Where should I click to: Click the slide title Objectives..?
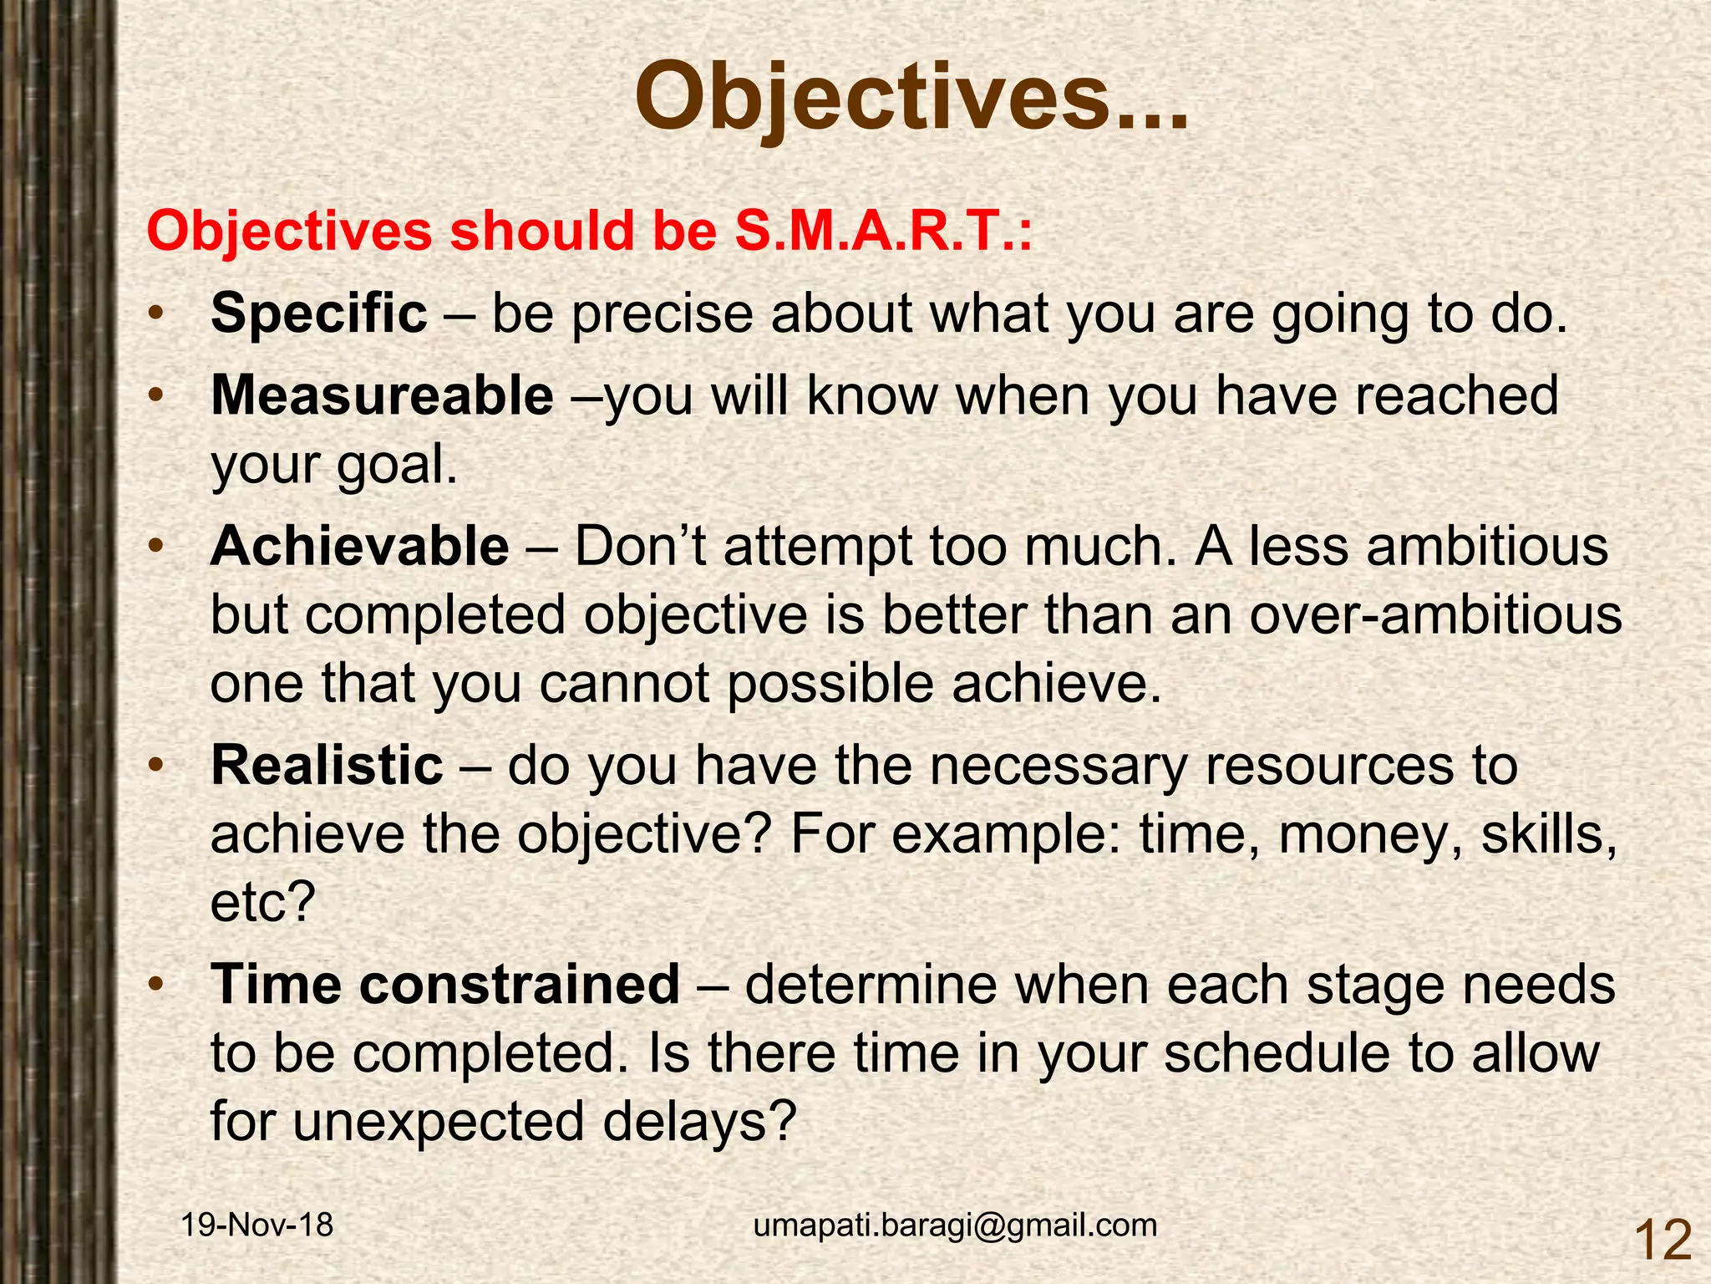click(x=911, y=99)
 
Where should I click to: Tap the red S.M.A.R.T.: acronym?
click(x=883, y=231)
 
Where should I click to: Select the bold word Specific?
click(x=318, y=313)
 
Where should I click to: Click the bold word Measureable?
click(x=382, y=395)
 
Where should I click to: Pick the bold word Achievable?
click(x=359, y=547)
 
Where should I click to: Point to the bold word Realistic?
click(x=327, y=765)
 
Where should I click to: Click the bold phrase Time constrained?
click(x=445, y=984)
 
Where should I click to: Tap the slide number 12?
click(x=1662, y=1241)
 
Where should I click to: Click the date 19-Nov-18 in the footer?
click(x=257, y=1225)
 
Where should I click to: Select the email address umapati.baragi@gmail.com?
click(x=955, y=1225)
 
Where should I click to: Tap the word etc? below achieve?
click(x=263, y=902)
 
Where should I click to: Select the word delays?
click(x=698, y=1121)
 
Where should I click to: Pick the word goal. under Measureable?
click(x=397, y=465)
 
